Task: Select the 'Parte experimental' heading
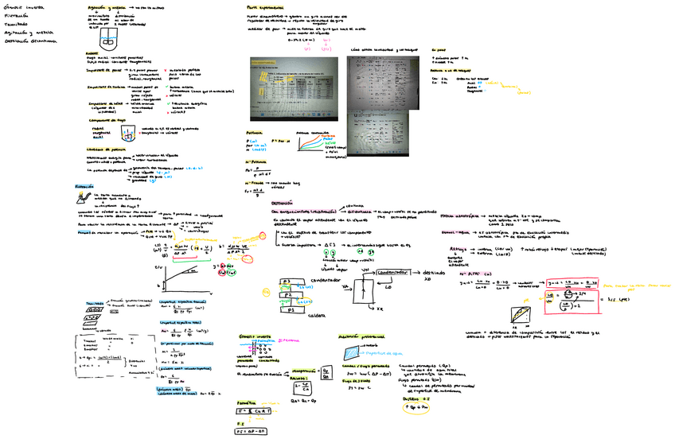(261, 6)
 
